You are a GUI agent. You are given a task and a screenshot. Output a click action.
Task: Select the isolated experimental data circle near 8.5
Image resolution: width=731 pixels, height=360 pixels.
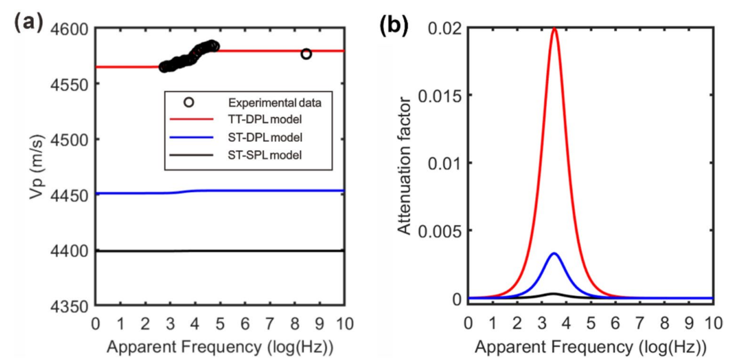point(306,54)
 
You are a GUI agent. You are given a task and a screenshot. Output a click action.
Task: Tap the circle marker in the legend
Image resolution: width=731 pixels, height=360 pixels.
point(189,103)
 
